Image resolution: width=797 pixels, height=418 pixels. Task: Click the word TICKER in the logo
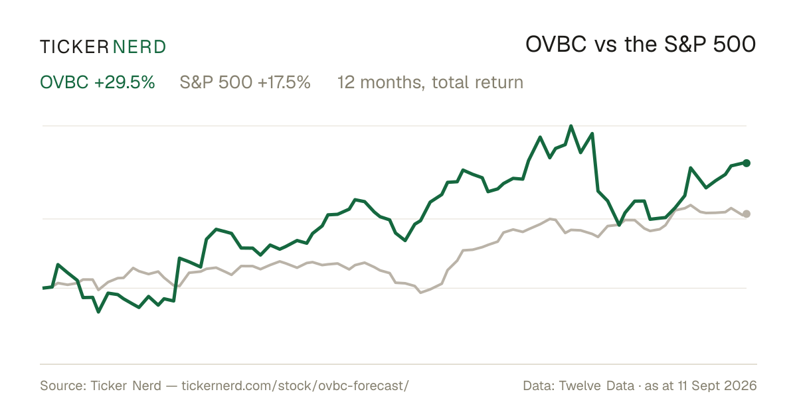(x=74, y=47)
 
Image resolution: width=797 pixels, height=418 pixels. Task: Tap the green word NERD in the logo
(x=139, y=47)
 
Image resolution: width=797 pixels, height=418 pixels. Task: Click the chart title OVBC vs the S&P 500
(x=640, y=44)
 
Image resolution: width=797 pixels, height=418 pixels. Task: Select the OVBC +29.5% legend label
(x=98, y=82)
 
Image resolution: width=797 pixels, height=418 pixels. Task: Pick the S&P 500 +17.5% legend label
(x=245, y=82)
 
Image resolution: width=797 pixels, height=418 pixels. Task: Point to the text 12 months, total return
(x=430, y=83)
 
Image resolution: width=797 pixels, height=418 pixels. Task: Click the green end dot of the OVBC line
(x=747, y=163)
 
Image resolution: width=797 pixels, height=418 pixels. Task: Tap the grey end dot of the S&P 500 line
(x=747, y=214)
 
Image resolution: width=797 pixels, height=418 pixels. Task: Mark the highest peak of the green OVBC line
(x=571, y=126)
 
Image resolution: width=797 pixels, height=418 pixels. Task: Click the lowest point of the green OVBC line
(x=98, y=312)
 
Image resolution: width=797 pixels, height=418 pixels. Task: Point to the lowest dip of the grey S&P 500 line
(x=421, y=293)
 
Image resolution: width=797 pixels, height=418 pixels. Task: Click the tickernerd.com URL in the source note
(x=296, y=385)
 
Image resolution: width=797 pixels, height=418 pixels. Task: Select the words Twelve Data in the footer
(x=596, y=385)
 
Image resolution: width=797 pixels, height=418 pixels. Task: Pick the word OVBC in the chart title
(x=556, y=44)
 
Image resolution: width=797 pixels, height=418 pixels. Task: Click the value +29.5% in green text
(x=125, y=82)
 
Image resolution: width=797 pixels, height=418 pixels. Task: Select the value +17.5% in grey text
(x=284, y=82)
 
